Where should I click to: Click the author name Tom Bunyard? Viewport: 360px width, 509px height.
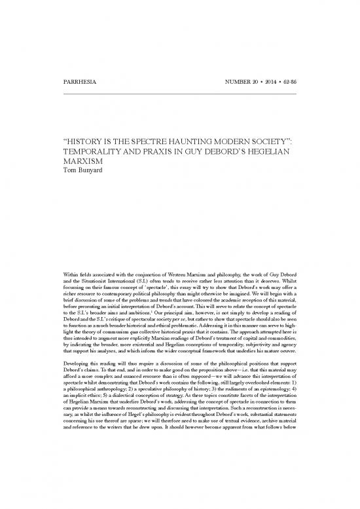(x=83, y=170)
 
